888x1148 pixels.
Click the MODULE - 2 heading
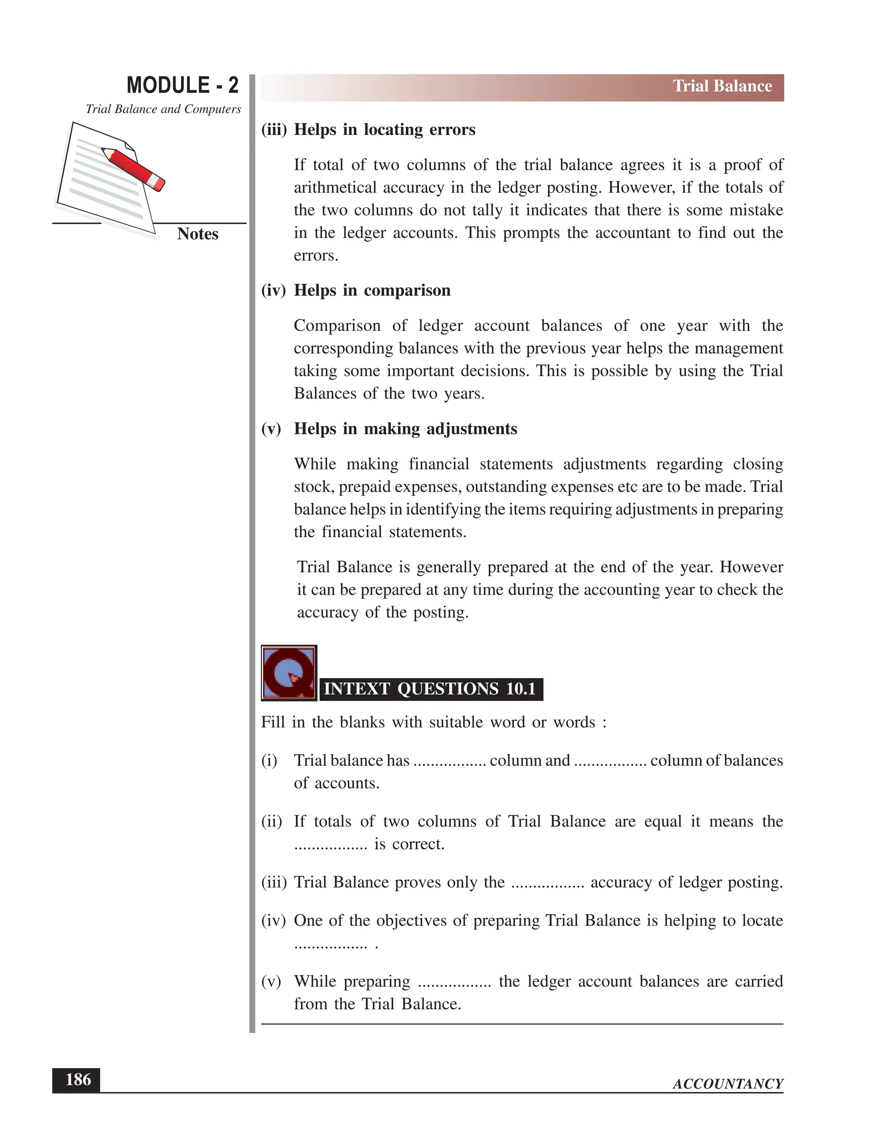coord(182,85)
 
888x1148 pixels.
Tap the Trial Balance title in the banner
coord(722,86)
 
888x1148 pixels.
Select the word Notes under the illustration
coord(197,234)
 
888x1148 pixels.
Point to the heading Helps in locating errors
coord(384,130)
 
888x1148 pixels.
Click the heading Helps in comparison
coord(372,290)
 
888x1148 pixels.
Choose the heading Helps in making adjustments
coord(405,429)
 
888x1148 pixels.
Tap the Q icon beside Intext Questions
coord(289,673)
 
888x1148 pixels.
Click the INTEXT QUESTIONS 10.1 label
coord(430,689)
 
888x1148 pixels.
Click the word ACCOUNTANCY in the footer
coord(728,1084)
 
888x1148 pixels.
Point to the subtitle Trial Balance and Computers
coord(163,109)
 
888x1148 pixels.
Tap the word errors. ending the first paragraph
coord(316,256)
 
